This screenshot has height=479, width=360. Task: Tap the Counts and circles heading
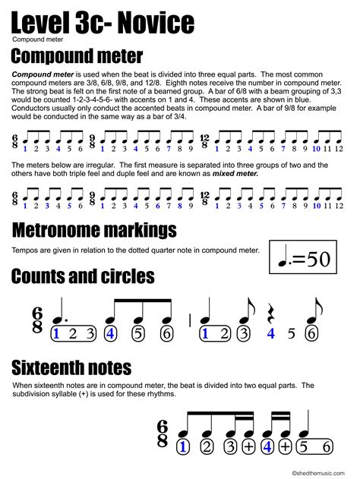(84, 276)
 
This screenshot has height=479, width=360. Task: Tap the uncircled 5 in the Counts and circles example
(292, 333)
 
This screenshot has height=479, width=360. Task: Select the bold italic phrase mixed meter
(235, 173)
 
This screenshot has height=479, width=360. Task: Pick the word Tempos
(24, 250)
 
